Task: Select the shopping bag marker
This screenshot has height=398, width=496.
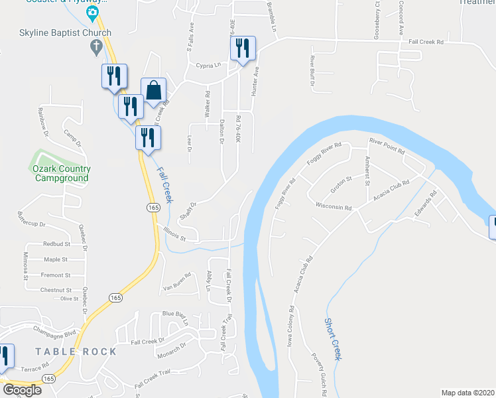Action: tap(153, 90)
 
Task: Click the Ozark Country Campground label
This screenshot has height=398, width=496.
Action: tap(62, 173)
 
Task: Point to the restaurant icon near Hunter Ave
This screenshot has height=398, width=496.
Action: tap(241, 48)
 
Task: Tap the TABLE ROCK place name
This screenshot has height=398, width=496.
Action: tap(76, 352)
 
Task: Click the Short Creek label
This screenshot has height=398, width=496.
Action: tap(334, 338)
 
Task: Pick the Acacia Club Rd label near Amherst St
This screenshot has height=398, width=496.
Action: tap(391, 190)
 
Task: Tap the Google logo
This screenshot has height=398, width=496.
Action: tap(22, 390)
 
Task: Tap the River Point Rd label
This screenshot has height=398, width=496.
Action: tap(387, 145)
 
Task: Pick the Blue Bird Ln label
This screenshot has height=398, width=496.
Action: tap(176, 317)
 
